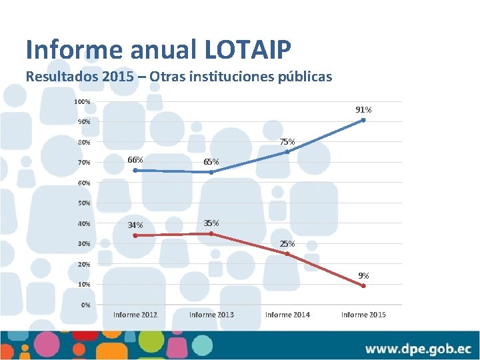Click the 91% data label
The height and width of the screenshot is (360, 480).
363,109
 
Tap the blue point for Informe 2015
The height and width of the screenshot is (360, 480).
363,120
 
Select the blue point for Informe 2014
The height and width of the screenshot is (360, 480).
287,152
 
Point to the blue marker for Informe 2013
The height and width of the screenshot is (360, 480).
211,172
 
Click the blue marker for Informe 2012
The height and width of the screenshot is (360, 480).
135,170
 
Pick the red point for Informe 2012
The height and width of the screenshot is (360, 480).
135,235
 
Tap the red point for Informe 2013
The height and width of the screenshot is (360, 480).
211,233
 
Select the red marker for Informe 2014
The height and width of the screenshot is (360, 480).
287,253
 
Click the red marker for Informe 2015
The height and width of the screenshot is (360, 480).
363,286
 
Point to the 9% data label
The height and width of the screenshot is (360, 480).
363,275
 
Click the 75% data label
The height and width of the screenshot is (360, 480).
287,141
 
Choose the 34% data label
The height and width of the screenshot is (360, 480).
135,225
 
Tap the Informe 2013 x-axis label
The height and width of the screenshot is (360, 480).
211,315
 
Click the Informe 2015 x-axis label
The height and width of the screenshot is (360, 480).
363,315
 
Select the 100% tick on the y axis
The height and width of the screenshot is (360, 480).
83,102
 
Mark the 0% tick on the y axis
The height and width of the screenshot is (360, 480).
85,305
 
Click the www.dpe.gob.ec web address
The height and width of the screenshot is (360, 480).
418,349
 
